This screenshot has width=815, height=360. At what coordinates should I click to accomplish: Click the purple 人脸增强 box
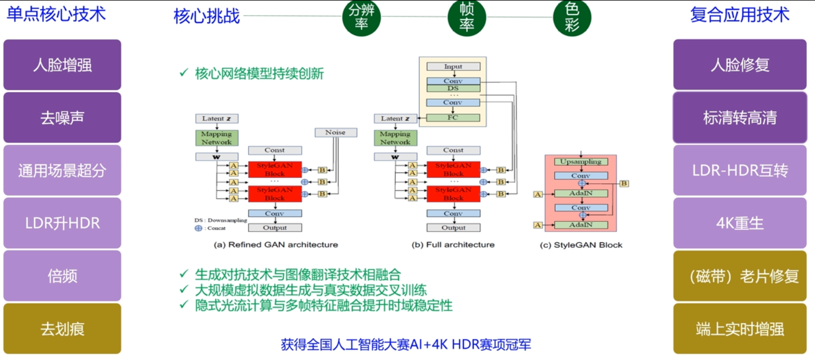(62, 65)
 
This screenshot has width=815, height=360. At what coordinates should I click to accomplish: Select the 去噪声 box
(62, 118)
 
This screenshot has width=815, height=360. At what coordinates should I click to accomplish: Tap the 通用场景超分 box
(62, 170)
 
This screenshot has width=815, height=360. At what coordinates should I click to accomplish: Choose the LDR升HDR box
(62, 223)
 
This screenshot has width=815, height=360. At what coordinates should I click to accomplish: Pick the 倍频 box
(62, 275)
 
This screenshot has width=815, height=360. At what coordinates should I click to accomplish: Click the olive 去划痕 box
(62, 329)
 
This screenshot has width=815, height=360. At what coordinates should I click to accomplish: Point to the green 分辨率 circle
(362, 18)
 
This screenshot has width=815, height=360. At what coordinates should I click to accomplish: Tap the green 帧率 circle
(467, 18)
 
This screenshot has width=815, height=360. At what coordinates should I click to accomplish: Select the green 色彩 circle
(572, 18)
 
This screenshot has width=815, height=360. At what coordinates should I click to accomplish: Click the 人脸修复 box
(740, 65)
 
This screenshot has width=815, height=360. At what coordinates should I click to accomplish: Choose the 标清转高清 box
(740, 118)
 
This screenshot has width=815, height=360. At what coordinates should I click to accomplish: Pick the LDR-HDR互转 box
(740, 170)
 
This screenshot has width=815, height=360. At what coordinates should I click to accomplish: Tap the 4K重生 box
(740, 223)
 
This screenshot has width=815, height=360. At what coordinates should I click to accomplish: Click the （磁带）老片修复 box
(740, 275)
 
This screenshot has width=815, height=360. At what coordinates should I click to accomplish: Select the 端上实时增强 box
(740, 329)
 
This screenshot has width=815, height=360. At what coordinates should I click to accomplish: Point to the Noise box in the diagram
(336, 132)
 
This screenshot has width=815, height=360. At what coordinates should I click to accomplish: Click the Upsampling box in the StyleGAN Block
(581, 162)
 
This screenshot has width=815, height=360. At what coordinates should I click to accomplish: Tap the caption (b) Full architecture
(453, 245)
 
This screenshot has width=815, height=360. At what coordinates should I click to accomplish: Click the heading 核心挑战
(207, 16)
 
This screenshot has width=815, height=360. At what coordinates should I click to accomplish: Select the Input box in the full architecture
(453, 67)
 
